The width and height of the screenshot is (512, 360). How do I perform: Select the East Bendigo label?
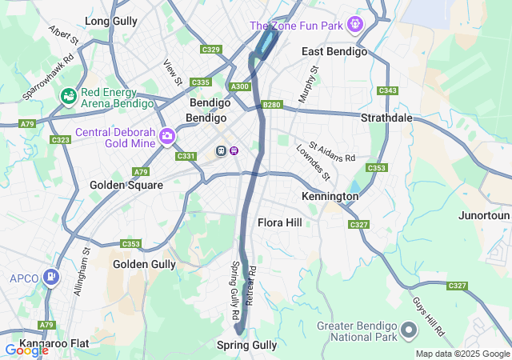pos(334,51)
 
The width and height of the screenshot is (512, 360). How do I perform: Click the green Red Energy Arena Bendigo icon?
pos(69,97)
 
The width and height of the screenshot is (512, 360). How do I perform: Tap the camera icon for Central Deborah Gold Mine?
pos(166,136)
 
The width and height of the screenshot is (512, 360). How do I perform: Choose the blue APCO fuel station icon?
pos(52,278)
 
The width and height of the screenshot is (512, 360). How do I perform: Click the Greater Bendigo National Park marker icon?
pos(408,330)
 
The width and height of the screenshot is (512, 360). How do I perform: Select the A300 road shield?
pos(239,86)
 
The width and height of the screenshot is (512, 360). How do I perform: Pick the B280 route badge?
pos(273,105)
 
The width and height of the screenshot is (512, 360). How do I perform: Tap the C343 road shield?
pos(388,90)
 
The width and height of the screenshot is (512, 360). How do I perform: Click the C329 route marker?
pos(211,50)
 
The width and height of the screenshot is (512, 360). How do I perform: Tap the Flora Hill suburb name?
pos(280,222)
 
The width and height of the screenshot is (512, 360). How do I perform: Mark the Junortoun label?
pos(484,216)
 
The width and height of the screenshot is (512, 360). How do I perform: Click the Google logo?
pos(27,350)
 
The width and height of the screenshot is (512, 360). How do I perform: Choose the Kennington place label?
pos(330,196)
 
